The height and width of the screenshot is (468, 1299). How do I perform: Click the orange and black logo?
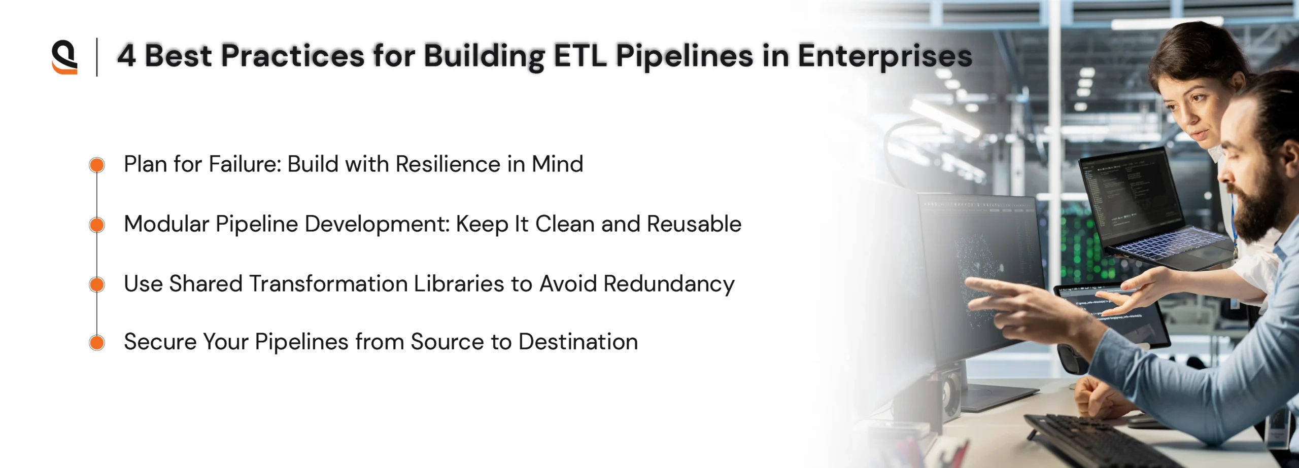tap(64, 57)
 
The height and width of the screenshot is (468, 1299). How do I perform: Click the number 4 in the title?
tap(126, 55)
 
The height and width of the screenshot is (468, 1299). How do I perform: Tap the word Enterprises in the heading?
tap(885, 56)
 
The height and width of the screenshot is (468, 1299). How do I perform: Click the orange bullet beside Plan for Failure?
tap(97, 165)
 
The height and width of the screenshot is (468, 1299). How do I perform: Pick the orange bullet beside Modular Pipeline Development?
tap(97, 225)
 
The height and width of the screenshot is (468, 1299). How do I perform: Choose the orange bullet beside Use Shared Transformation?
tap(97, 284)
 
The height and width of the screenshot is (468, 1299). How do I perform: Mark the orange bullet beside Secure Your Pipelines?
tap(97, 343)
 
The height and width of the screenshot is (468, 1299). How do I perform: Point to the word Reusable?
tap(694, 224)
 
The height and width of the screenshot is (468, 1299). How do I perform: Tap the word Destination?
tap(578, 342)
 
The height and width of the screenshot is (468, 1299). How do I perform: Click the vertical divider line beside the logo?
tap(96, 57)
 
